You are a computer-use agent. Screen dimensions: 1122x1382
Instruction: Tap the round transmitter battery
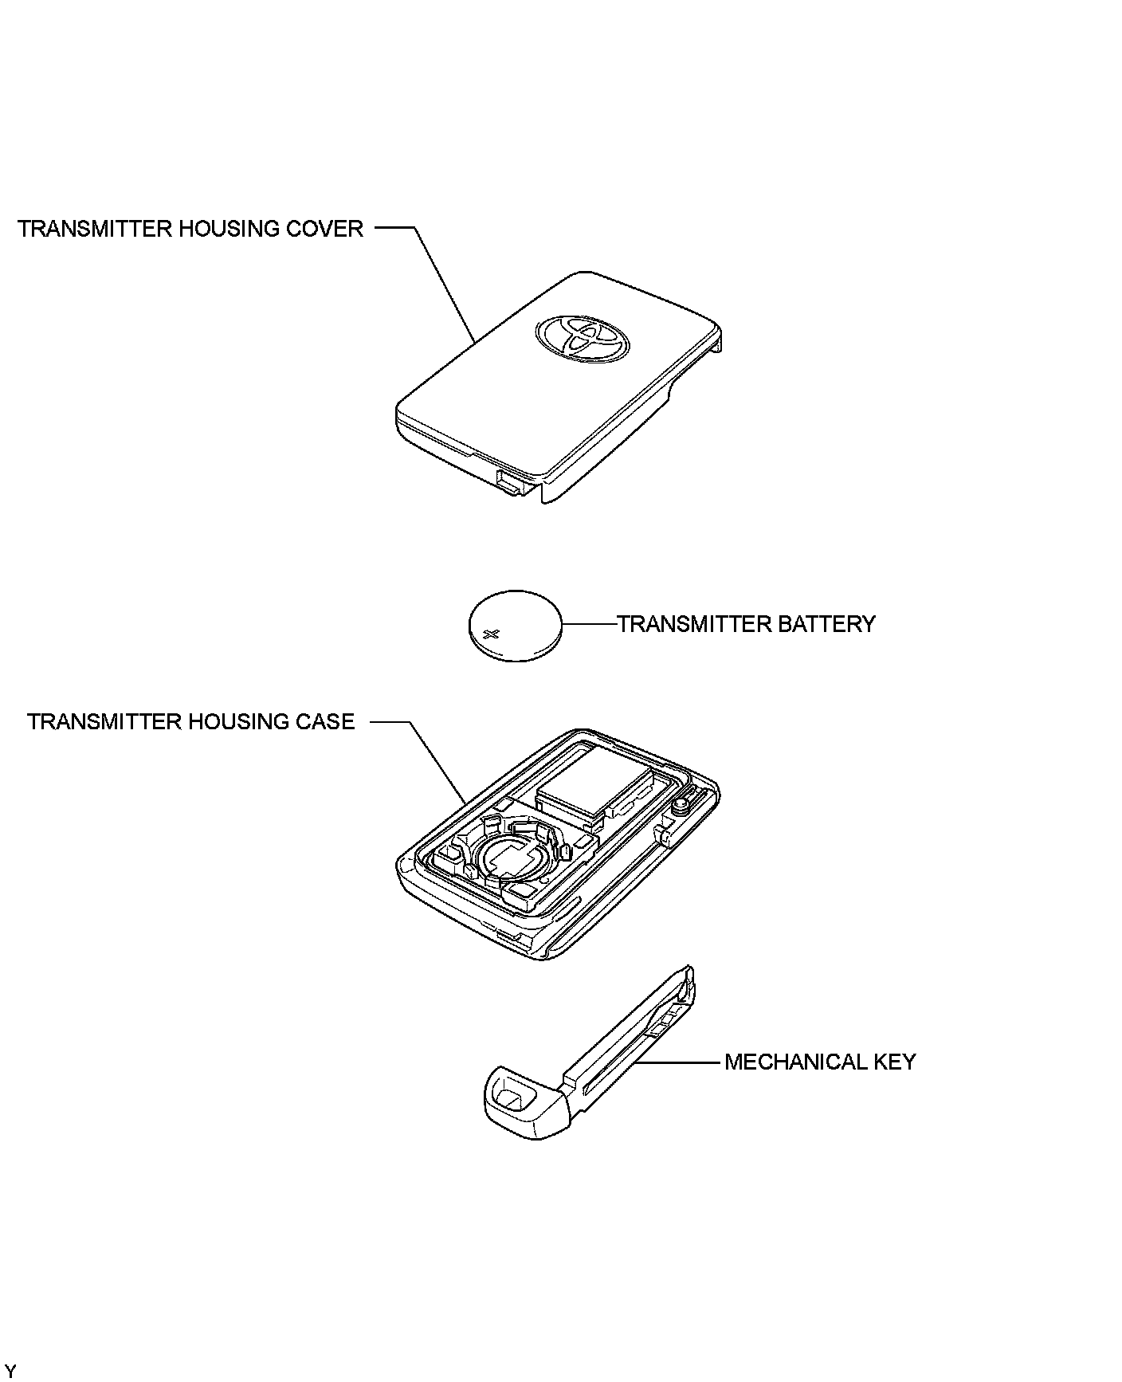pyautogui.click(x=514, y=626)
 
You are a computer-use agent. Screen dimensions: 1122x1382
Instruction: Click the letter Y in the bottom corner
pyautogui.click(x=10, y=1370)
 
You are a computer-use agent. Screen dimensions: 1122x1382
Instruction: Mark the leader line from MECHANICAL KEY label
pyautogui.click(x=681, y=1062)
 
